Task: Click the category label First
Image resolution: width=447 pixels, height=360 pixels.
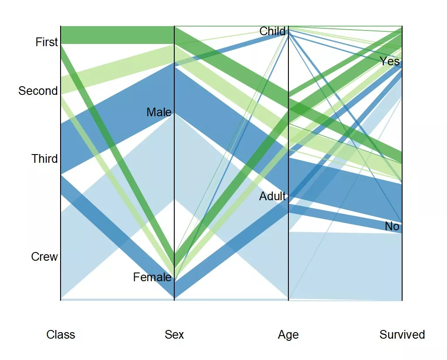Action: pyautogui.click(x=47, y=42)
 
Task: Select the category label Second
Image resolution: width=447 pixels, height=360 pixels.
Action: pyautogui.click(x=38, y=91)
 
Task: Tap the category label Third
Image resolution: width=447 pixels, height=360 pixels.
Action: pyautogui.click(x=44, y=159)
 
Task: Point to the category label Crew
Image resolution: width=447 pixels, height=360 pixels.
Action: pyautogui.click(x=44, y=257)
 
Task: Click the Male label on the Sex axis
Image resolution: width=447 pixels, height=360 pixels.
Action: pyautogui.click(x=159, y=112)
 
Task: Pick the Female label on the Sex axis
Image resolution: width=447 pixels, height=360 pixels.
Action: pyautogui.click(x=152, y=277)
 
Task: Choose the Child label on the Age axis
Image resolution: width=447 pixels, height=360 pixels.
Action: pyautogui.click(x=272, y=31)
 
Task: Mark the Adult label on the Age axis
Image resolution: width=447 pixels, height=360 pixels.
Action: pyautogui.click(x=273, y=196)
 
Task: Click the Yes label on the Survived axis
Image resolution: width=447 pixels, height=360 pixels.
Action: pyautogui.click(x=389, y=61)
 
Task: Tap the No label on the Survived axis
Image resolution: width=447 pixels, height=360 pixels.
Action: pyautogui.click(x=392, y=227)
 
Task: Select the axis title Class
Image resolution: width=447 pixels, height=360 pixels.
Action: pyautogui.click(x=61, y=335)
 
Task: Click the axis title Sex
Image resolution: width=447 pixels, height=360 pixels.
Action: pyautogui.click(x=174, y=335)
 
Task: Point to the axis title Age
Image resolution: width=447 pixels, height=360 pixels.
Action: pyautogui.click(x=288, y=335)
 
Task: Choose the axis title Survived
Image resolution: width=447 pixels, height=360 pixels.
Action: pyautogui.click(x=402, y=335)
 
